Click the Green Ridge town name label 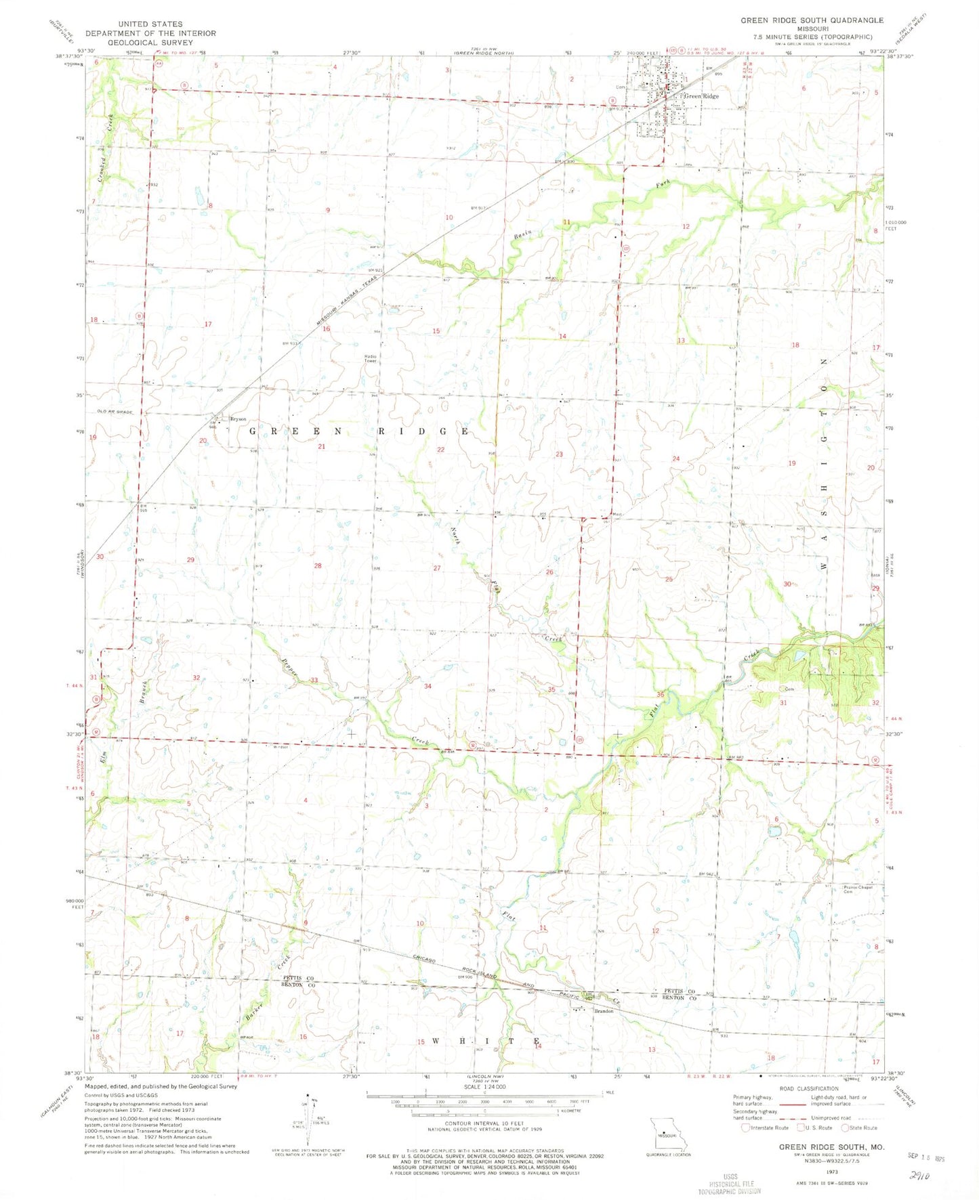pyautogui.click(x=701, y=96)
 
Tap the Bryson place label pyautogui.click(x=238, y=419)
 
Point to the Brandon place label pyautogui.click(x=603, y=1011)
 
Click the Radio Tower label pyautogui.click(x=371, y=358)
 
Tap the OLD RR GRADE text pyautogui.click(x=115, y=412)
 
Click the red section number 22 pyautogui.click(x=441, y=450)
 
